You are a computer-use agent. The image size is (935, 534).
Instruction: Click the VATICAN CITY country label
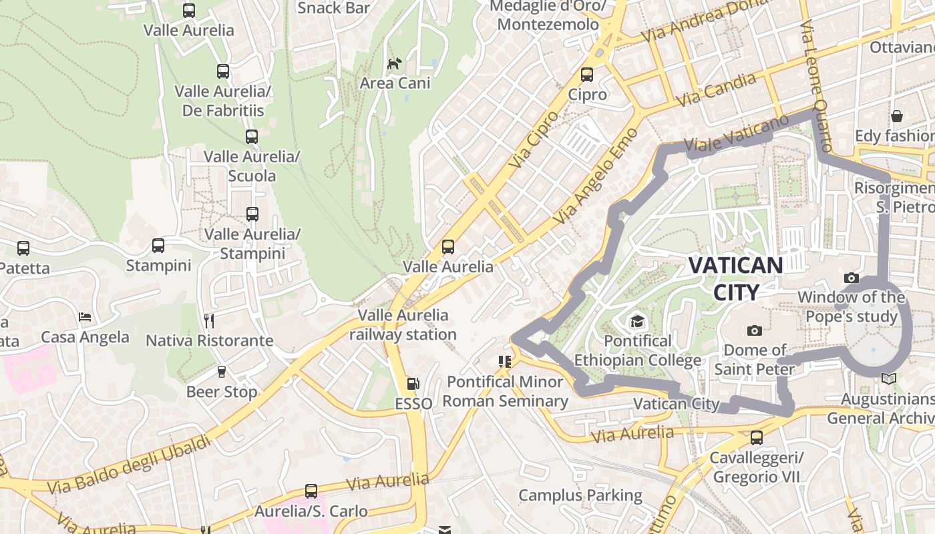[735, 278]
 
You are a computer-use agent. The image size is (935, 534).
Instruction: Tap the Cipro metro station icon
[587, 75]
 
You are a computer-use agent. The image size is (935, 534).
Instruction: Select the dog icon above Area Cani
[395, 64]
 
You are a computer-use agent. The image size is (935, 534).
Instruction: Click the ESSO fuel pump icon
[413, 384]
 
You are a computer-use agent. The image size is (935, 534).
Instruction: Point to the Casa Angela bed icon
[85, 316]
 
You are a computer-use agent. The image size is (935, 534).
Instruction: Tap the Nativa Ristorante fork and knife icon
[209, 321]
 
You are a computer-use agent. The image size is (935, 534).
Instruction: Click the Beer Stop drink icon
[222, 371]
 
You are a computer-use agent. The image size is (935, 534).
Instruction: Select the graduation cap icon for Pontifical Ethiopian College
[637, 322]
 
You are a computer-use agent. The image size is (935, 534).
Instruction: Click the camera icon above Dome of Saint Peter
[755, 330]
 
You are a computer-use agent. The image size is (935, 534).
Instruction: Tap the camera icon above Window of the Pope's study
[851, 278]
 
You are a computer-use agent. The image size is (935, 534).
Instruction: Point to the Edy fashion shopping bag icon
[896, 117]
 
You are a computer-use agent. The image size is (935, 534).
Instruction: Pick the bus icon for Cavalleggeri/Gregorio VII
[756, 438]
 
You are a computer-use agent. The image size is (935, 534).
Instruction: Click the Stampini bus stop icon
[158, 246]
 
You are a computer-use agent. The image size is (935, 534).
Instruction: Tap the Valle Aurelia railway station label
[403, 324]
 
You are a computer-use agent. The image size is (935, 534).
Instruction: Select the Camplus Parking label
[580, 495]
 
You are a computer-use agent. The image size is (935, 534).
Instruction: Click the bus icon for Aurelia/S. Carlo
[311, 491]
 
